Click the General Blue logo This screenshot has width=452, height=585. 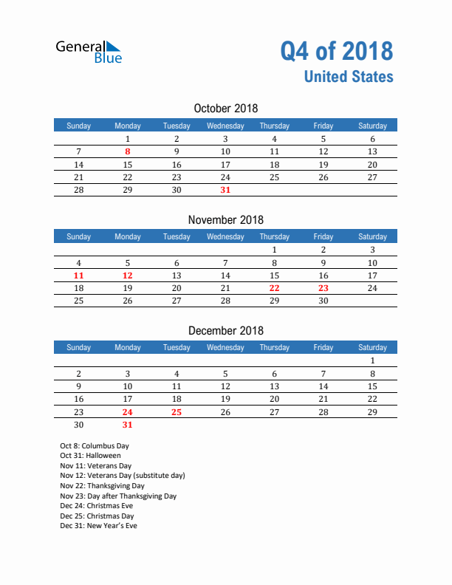[89, 52]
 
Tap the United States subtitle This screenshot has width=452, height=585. [349, 77]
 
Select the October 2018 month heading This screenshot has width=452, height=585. [225, 109]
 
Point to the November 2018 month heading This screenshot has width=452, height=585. [225, 219]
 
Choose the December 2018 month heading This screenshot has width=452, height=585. [225, 330]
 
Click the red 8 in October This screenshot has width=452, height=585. [128, 151]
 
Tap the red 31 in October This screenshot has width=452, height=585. [225, 190]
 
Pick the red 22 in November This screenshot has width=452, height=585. [274, 288]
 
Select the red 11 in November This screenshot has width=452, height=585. [79, 275]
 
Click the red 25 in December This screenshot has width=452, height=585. [176, 412]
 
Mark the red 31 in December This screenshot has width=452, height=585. [128, 425]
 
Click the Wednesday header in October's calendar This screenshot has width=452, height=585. [225, 126]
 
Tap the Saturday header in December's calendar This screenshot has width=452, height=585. [372, 347]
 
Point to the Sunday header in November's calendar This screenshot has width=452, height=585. [79, 236]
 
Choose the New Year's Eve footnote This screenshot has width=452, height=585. [98, 526]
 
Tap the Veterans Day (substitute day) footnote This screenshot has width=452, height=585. [123, 476]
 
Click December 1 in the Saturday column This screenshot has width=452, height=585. [372, 361]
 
